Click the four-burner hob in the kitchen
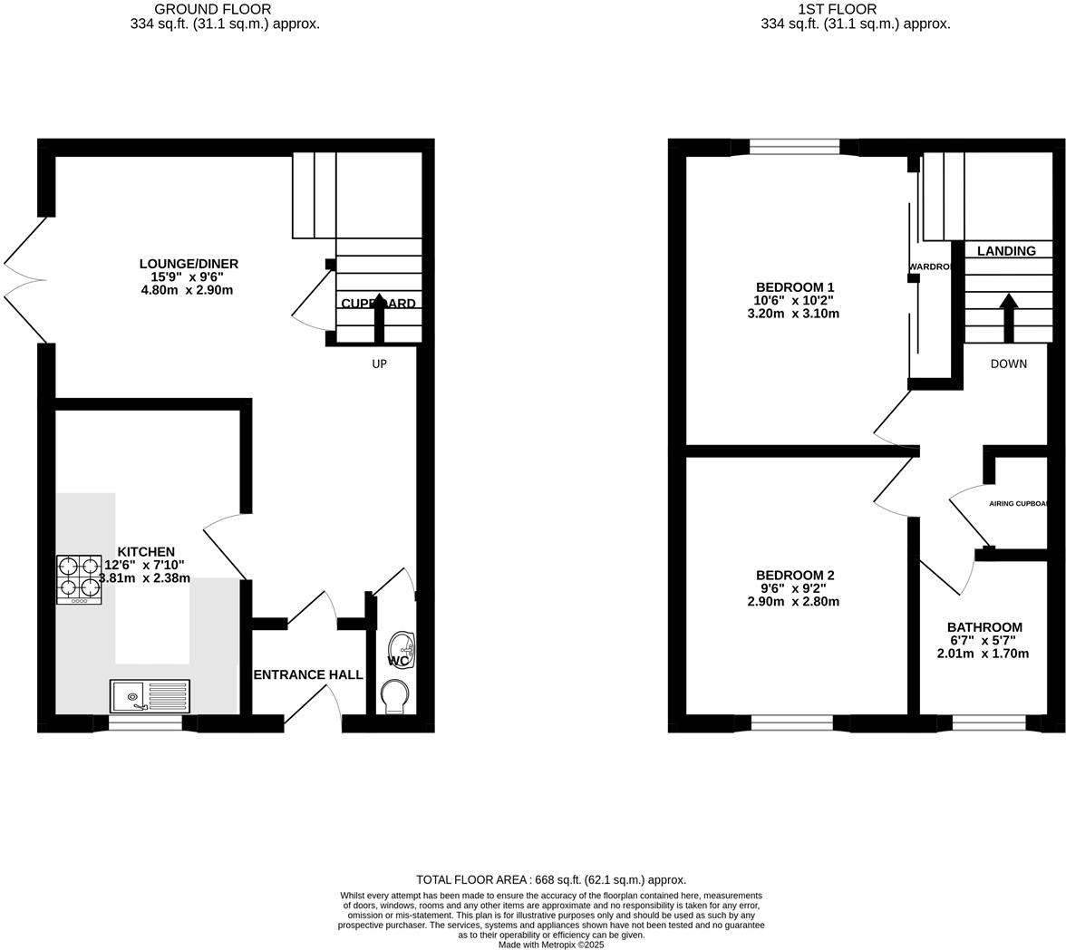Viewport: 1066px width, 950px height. tap(79, 579)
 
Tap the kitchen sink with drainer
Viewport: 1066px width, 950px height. tap(150, 696)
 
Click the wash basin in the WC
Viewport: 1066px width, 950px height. tap(402, 650)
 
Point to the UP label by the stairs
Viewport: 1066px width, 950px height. tap(379, 364)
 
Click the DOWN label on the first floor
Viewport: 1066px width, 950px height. tap(1008, 364)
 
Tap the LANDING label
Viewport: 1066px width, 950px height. tap(1006, 251)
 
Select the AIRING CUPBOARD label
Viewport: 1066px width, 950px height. tap(1019, 504)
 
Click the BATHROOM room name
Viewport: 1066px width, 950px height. tap(984, 627)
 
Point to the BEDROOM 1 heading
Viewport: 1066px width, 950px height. tap(795, 287)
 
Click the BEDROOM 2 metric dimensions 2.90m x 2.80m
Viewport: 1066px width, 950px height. tap(793, 601)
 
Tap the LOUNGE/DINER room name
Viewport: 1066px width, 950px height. tap(189, 264)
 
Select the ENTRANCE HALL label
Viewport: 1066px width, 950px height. tap(308, 674)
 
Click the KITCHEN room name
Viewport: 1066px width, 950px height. tap(146, 552)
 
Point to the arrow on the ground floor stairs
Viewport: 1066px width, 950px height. tap(379, 317)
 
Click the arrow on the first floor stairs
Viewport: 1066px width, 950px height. tap(1007, 317)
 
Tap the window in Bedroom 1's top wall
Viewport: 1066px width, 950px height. tap(795, 147)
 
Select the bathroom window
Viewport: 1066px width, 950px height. tap(988, 722)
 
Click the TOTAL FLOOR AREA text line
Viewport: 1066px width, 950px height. tap(551, 879)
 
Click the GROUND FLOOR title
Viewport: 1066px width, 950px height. tap(212, 9)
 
